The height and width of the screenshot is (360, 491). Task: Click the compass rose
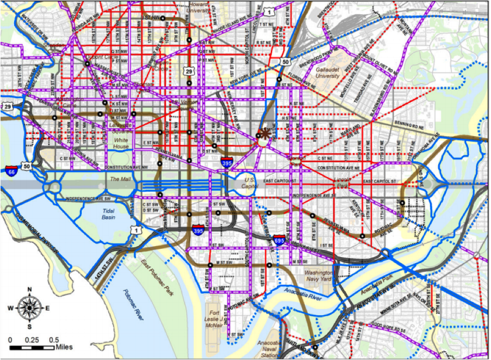[x=28, y=308]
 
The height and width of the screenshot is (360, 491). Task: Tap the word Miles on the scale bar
[x=63, y=346]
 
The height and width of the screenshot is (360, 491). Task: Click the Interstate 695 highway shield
[x=279, y=239]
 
